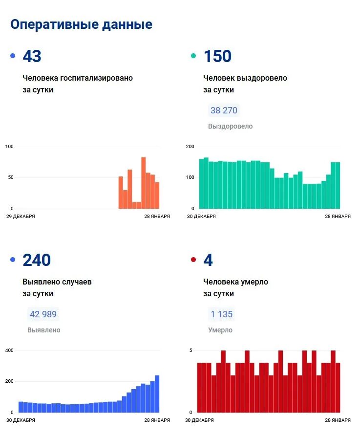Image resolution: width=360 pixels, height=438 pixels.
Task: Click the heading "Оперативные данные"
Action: pyautogui.click(x=81, y=24)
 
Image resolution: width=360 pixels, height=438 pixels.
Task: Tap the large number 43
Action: pyautogui.click(x=32, y=56)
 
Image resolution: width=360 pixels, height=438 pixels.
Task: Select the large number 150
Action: pyautogui.click(x=217, y=56)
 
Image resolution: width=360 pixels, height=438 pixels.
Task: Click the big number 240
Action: pyautogui.click(x=37, y=260)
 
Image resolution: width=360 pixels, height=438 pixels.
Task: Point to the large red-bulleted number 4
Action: pyautogui.click(x=208, y=260)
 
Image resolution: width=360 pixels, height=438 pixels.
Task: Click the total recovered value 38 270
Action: pyautogui.click(x=224, y=110)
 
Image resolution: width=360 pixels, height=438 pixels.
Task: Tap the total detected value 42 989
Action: pyautogui.click(x=43, y=314)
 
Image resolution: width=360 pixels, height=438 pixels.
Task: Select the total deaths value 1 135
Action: pyautogui.click(x=221, y=314)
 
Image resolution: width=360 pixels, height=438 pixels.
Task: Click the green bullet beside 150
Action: pyautogui.click(x=193, y=56)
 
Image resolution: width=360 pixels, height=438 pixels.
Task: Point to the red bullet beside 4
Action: pyautogui.click(x=193, y=260)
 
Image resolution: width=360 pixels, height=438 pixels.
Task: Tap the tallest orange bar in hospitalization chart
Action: pyautogui.click(x=144, y=183)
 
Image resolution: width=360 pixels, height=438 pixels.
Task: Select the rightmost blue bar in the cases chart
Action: pyautogui.click(x=157, y=394)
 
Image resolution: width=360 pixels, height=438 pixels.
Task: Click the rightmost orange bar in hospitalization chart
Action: pyautogui.click(x=157, y=195)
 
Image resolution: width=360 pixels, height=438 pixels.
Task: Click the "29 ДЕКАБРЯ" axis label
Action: pyautogui.click(x=20, y=216)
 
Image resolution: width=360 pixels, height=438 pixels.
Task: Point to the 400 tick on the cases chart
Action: pyautogui.click(x=9, y=350)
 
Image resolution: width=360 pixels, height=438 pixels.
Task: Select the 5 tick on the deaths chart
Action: pyautogui.click(x=191, y=350)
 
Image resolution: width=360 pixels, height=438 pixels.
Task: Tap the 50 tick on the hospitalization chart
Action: pyautogui.click(x=10, y=177)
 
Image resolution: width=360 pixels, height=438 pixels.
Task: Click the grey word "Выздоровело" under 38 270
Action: pyautogui.click(x=231, y=126)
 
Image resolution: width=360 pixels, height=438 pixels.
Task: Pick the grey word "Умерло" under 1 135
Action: pyautogui.click(x=220, y=330)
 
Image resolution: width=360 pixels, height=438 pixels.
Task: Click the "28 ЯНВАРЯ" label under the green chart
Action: pyautogui.click(x=338, y=216)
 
